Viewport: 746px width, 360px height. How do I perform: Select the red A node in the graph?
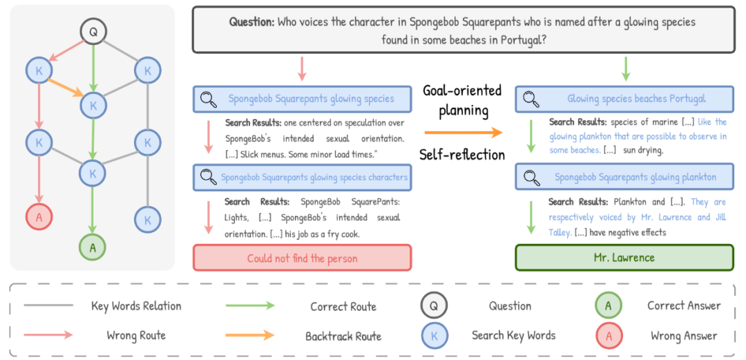click(39, 216)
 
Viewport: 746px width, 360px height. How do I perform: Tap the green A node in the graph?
click(92, 246)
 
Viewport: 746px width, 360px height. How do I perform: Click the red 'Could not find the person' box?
click(302, 258)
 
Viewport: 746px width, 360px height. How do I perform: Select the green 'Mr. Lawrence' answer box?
click(624, 258)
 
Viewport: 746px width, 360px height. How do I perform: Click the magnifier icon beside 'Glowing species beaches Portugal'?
click(530, 99)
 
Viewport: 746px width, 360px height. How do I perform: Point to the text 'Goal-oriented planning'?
click(462, 100)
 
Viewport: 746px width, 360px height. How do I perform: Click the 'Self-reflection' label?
click(462, 154)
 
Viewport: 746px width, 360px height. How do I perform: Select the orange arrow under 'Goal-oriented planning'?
click(462, 132)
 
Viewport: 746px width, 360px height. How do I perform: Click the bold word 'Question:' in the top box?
click(251, 21)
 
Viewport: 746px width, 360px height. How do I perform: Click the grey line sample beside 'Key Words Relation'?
click(48, 305)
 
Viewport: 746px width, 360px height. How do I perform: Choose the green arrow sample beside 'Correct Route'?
click(250, 305)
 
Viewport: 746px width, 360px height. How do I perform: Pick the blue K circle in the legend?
click(434, 336)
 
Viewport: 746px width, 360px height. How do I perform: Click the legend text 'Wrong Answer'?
click(683, 336)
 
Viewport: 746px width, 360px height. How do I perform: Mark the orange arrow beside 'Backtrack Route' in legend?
click(250, 336)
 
